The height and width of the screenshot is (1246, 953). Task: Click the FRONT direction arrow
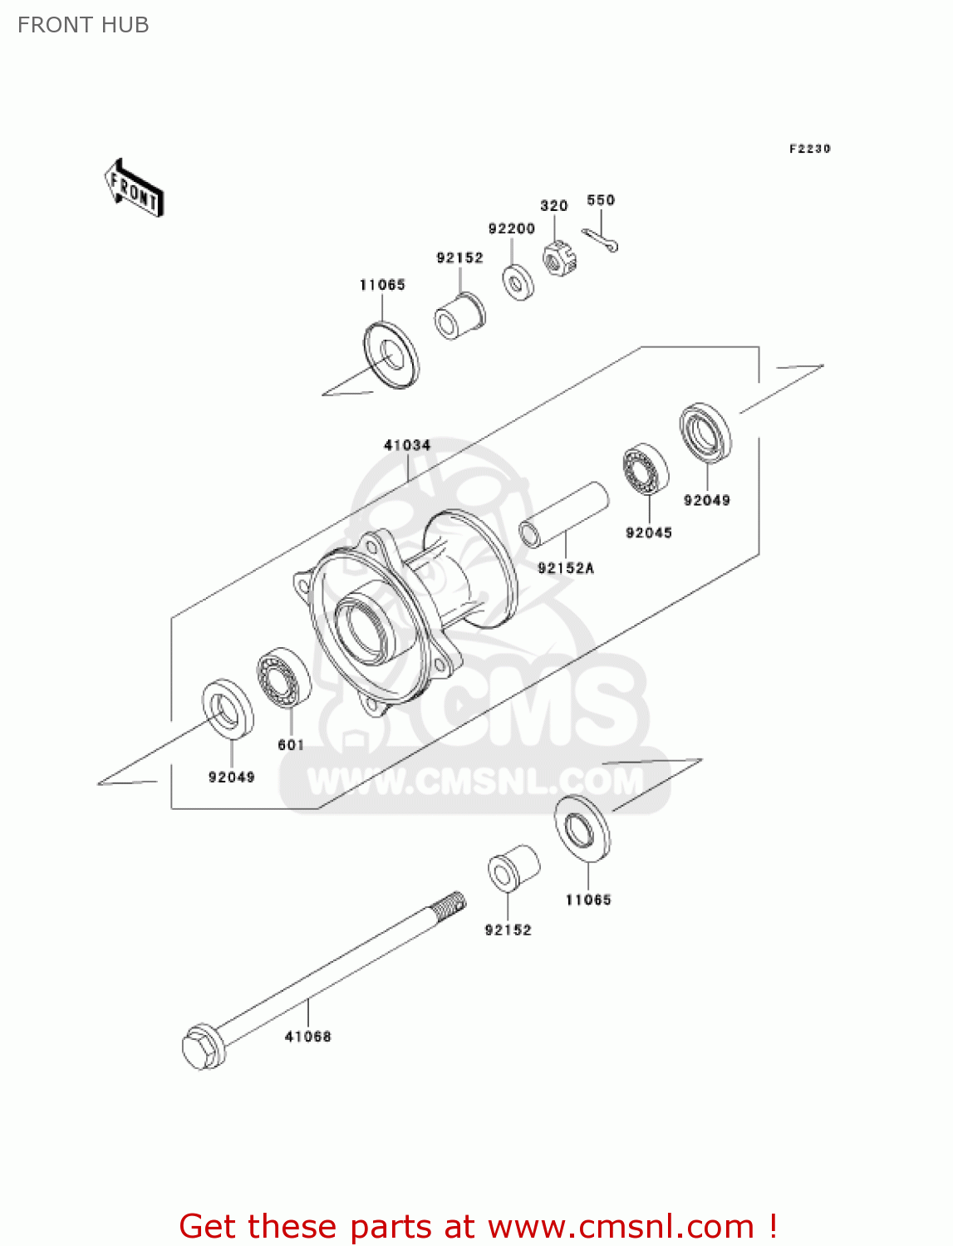tap(134, 189)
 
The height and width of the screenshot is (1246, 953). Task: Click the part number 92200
tap(511, 228)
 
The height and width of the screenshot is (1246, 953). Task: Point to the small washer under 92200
tap(518, 282)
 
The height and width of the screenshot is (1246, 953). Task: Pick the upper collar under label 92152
tap(459, 316)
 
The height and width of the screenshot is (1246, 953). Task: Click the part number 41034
tap(407, 445)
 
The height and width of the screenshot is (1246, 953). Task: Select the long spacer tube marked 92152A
tap(564, 514)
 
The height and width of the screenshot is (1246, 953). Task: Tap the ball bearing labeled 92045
tap(646, 469)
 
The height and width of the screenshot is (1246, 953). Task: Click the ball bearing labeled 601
tap(283, 679)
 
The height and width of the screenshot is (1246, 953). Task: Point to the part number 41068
tap(307, 1037)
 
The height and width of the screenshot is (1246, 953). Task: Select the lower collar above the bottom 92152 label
tap(513, 869)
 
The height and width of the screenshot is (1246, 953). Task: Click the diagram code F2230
tap(809, 149)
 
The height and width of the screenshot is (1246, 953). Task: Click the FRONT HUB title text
tap(83, 25)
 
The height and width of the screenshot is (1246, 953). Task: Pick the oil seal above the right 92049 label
tap(705, 432)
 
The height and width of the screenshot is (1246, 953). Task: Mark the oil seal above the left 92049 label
tap(228, 709)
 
